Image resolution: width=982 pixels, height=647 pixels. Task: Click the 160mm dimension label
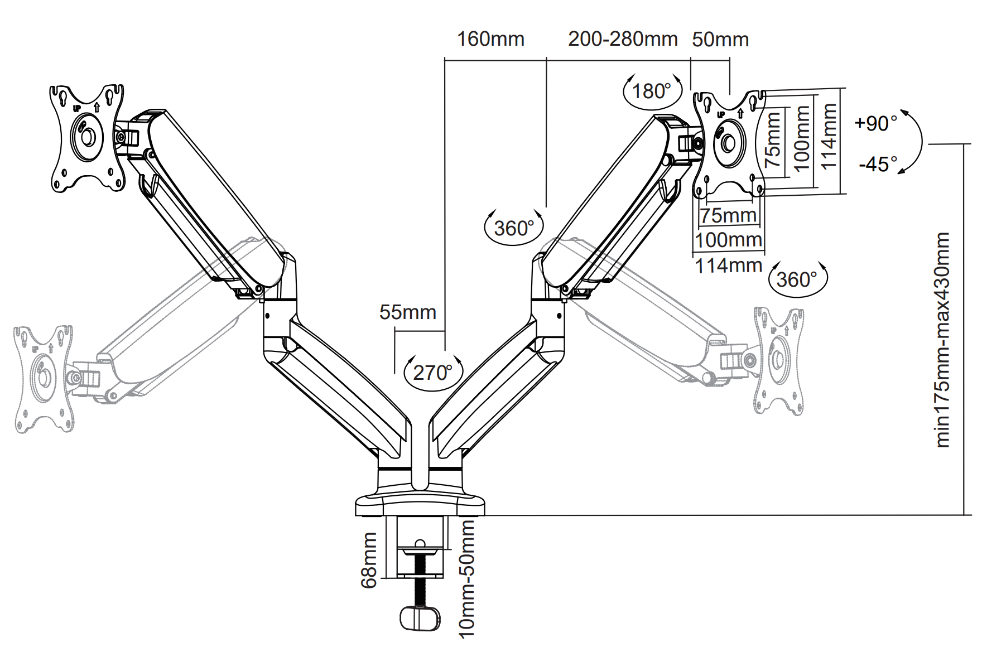click(490, 39)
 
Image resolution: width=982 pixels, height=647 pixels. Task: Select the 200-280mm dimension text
click(623, 39)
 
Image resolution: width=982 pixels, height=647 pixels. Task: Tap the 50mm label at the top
click(720, 40)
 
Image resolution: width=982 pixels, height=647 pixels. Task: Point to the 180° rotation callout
click(652, 91)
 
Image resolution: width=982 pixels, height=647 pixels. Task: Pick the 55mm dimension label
click(408, 312)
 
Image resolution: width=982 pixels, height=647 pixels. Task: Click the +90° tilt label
click(876, 123)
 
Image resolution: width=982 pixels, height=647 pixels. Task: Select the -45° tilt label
click(878, 164)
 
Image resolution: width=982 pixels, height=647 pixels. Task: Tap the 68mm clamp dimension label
click(369, 560)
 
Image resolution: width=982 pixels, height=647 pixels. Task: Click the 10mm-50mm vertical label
click(466, 578)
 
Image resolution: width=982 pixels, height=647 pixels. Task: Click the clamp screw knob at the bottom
click(420, 619)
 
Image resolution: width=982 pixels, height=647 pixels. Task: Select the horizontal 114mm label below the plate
click(729, 265)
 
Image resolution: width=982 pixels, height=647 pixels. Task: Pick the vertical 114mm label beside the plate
click(829, 137)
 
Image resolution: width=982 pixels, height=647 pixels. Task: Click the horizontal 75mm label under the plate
click(728, 215)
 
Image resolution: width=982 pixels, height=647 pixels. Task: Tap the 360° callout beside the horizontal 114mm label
click(797, 279)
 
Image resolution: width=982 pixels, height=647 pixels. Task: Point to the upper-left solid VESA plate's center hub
click(87, 137)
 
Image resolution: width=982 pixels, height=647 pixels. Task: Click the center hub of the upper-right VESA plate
click(729, 143)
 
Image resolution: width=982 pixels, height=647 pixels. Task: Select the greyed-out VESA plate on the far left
click(44, 379)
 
